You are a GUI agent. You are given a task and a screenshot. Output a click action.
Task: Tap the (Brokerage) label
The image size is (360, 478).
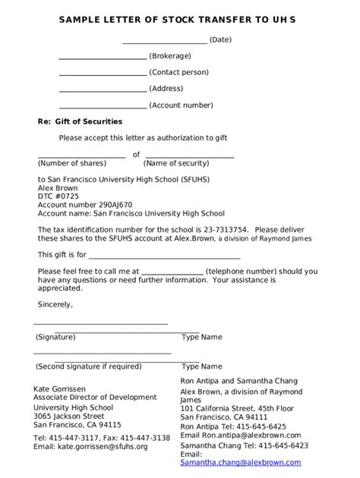[x=170, y=55]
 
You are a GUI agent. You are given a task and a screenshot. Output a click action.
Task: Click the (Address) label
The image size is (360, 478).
[x=166, y=89]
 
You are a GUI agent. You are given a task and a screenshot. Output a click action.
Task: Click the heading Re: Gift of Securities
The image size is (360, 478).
[x=80, y=121]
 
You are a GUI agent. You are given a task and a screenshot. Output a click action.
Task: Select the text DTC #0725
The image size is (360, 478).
[x=58, y=196]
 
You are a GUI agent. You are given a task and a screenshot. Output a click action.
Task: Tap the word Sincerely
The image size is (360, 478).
[x=55, y=304]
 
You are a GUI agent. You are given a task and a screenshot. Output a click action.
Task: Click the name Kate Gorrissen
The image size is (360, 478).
[x=65, y=389]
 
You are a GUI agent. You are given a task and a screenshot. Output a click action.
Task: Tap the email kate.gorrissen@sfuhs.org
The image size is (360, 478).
[x=90, y=447]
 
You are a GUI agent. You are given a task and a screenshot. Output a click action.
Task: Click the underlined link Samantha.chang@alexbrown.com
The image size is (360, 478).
[x=241, y=462]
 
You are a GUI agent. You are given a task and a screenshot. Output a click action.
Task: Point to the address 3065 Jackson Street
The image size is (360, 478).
[x=69, y=416]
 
